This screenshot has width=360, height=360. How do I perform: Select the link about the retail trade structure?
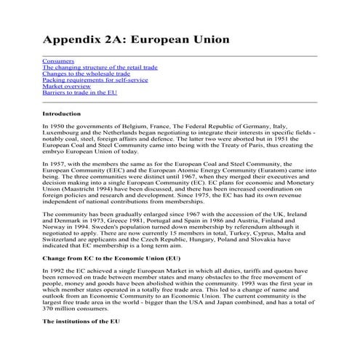tap(100, 67)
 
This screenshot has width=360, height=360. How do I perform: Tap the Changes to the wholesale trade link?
tap(87, 73)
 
